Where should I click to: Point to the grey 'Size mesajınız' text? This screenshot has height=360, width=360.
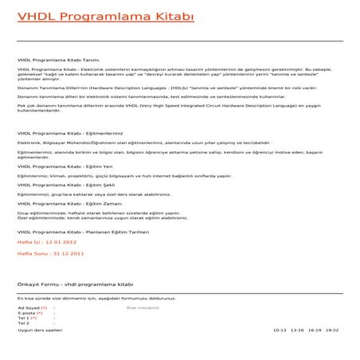coord(143,307)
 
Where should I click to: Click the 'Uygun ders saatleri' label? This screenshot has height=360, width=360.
coord(39,329)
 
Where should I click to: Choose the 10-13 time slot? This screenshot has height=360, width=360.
coord(279,329)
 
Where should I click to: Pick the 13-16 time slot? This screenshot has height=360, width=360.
coord(297,329)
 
